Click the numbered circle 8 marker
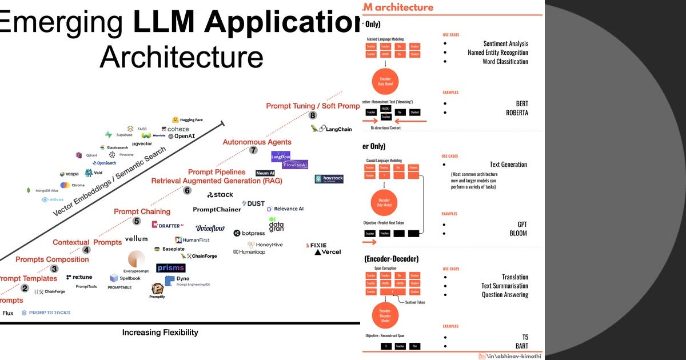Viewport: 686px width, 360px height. pos(313,115)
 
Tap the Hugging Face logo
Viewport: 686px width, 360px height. pos(188,120)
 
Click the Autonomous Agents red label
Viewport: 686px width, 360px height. pos(257,142)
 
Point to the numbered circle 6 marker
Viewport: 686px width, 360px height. pos(187,191)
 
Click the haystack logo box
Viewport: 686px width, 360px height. pos(329,179)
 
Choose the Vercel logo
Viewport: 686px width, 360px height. pos(328,252)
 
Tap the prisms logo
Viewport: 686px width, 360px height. pos(171,267)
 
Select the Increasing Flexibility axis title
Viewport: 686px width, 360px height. pos(160,332)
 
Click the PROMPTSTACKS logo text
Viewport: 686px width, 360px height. pos(46,313)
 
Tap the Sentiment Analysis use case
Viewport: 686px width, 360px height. pos(505,43)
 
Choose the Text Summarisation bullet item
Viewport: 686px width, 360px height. pos(504,286)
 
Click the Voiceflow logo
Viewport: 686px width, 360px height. pos(210,228)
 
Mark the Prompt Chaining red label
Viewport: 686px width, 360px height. pos(142,211)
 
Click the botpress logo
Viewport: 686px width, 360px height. pos(249,233)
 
